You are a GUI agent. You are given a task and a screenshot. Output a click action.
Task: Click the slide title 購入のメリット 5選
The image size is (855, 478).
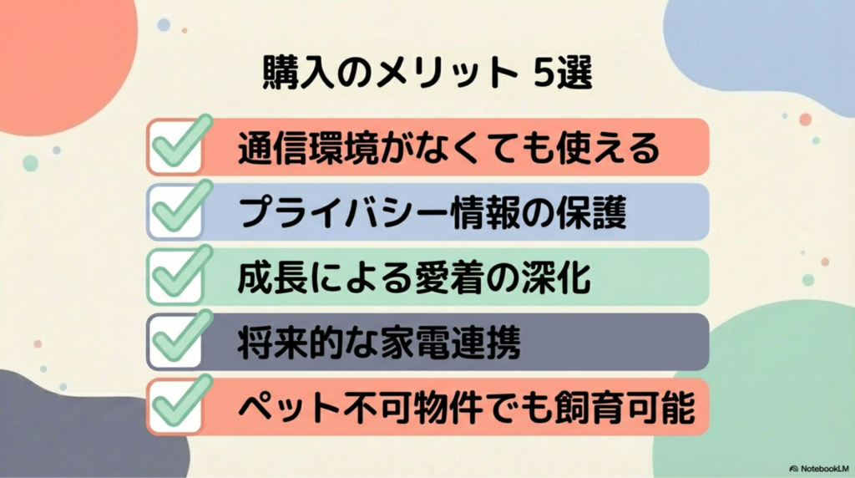tap(427, 72)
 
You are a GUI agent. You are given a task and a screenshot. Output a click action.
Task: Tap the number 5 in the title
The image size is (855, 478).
tap(543, 72)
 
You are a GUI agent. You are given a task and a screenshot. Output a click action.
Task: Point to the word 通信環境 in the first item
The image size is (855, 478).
tap(308, 148)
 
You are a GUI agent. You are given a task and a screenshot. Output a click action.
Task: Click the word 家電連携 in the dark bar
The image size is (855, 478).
tap(450, 343)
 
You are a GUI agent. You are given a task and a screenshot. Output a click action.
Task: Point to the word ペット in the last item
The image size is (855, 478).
tap(290, 408)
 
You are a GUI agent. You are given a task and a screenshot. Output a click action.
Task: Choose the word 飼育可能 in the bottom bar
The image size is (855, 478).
tap(625, 408)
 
